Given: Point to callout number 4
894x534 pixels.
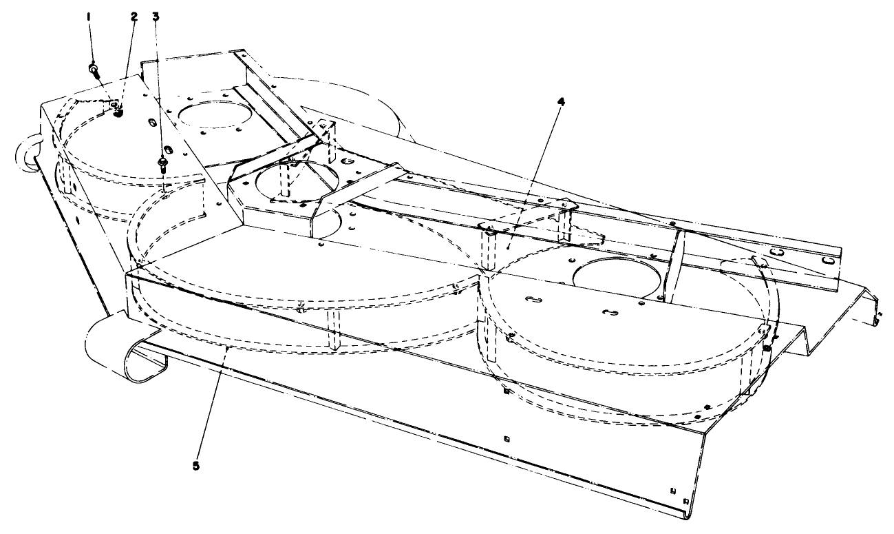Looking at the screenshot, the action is pyautogui.click(x=562, y=101).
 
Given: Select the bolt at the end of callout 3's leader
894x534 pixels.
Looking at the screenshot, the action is pyautogui.click(x=164, y=165).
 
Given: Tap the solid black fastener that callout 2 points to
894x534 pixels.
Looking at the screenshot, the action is pyautogui.click(x=117, y=112).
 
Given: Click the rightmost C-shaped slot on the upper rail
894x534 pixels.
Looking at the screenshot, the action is pyautogui.click(x=831, y=260).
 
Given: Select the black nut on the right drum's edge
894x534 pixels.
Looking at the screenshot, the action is pyautogui.click(x=765, y=347).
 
